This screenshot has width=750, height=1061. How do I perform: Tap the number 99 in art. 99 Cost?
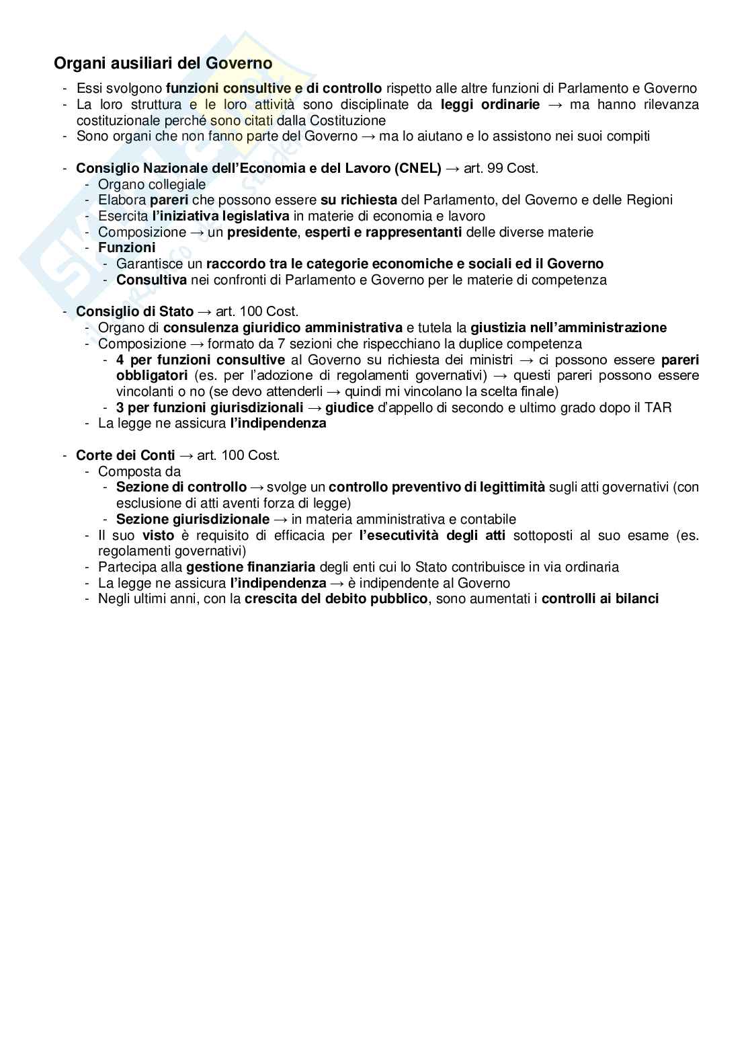[x=495, y=168]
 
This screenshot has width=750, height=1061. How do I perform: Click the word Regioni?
[x=649, y=200]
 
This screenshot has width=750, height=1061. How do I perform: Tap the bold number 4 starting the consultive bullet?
[x=120, y=360]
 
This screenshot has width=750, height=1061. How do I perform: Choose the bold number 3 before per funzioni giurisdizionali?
[x=120, y=407]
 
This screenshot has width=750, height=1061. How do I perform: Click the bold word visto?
[x=159, y=535]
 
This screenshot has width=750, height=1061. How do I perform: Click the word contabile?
[x=489, y=519]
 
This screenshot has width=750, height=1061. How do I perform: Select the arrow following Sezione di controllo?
[x=257, y=487]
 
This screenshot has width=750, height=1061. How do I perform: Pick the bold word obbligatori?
[x=151, y=375]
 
